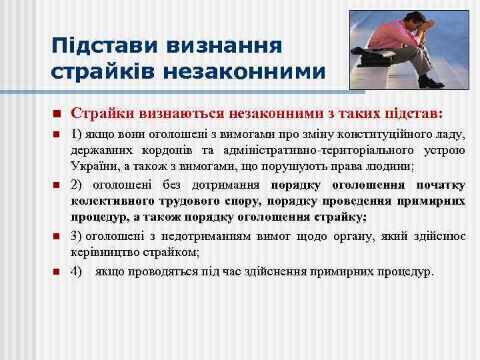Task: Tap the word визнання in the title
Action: pyautogui.click(x=227, y=45)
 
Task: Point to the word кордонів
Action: pyautogui.click(x=158, y=150)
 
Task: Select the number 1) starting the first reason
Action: pyautogui.click(x=77, y=135)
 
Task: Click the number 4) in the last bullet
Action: pyautogui.click(x=77, y=272)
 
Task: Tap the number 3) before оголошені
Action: pyautogui.click(x=77, y=237)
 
